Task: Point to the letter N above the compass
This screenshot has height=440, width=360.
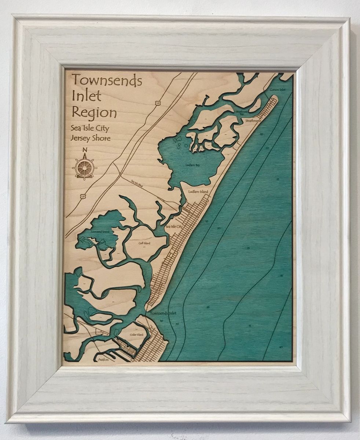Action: click(x=85, y=150)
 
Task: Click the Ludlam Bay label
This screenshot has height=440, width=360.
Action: click(x=193, y=165)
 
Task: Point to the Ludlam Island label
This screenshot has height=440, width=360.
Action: click(x=198, y=192)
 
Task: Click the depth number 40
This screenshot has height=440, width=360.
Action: click(x=281, y=347)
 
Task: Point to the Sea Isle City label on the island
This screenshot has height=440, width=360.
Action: click(x=174, y=227)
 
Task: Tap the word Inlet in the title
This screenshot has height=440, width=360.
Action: click(x=87, y=96)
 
